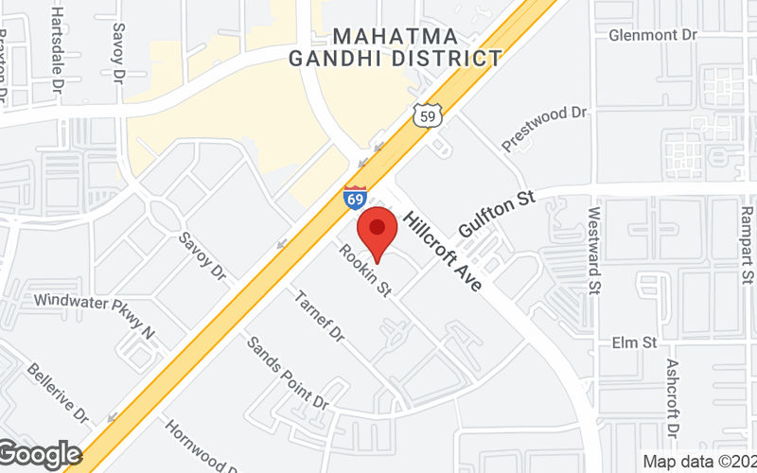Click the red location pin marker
pos(378,229)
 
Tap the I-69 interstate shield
pos(355,198)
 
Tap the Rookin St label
pos(366,272)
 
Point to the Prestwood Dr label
pos(545,128)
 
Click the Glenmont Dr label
pos(653,35)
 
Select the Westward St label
pos(594,251)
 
